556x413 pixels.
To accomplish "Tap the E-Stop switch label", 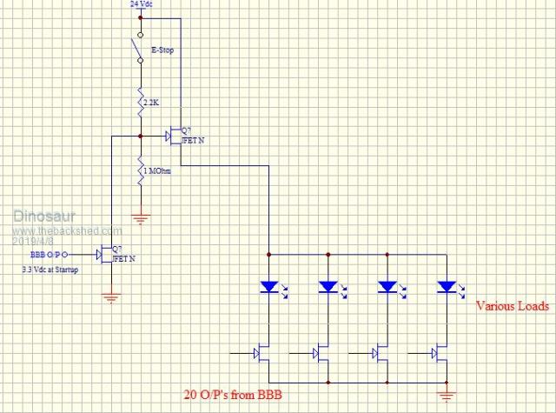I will (163, 50).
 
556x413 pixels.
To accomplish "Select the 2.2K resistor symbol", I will (140, 103).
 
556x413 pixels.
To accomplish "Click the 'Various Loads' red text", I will (513, 306).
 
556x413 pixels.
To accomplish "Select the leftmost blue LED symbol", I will (269, 286).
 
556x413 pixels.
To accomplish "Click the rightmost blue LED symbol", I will (447, 286).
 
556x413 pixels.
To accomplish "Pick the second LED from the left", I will (328, 286).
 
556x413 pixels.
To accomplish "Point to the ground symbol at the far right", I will (447, 396).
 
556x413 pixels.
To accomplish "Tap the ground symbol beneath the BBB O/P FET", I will (110, 298).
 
